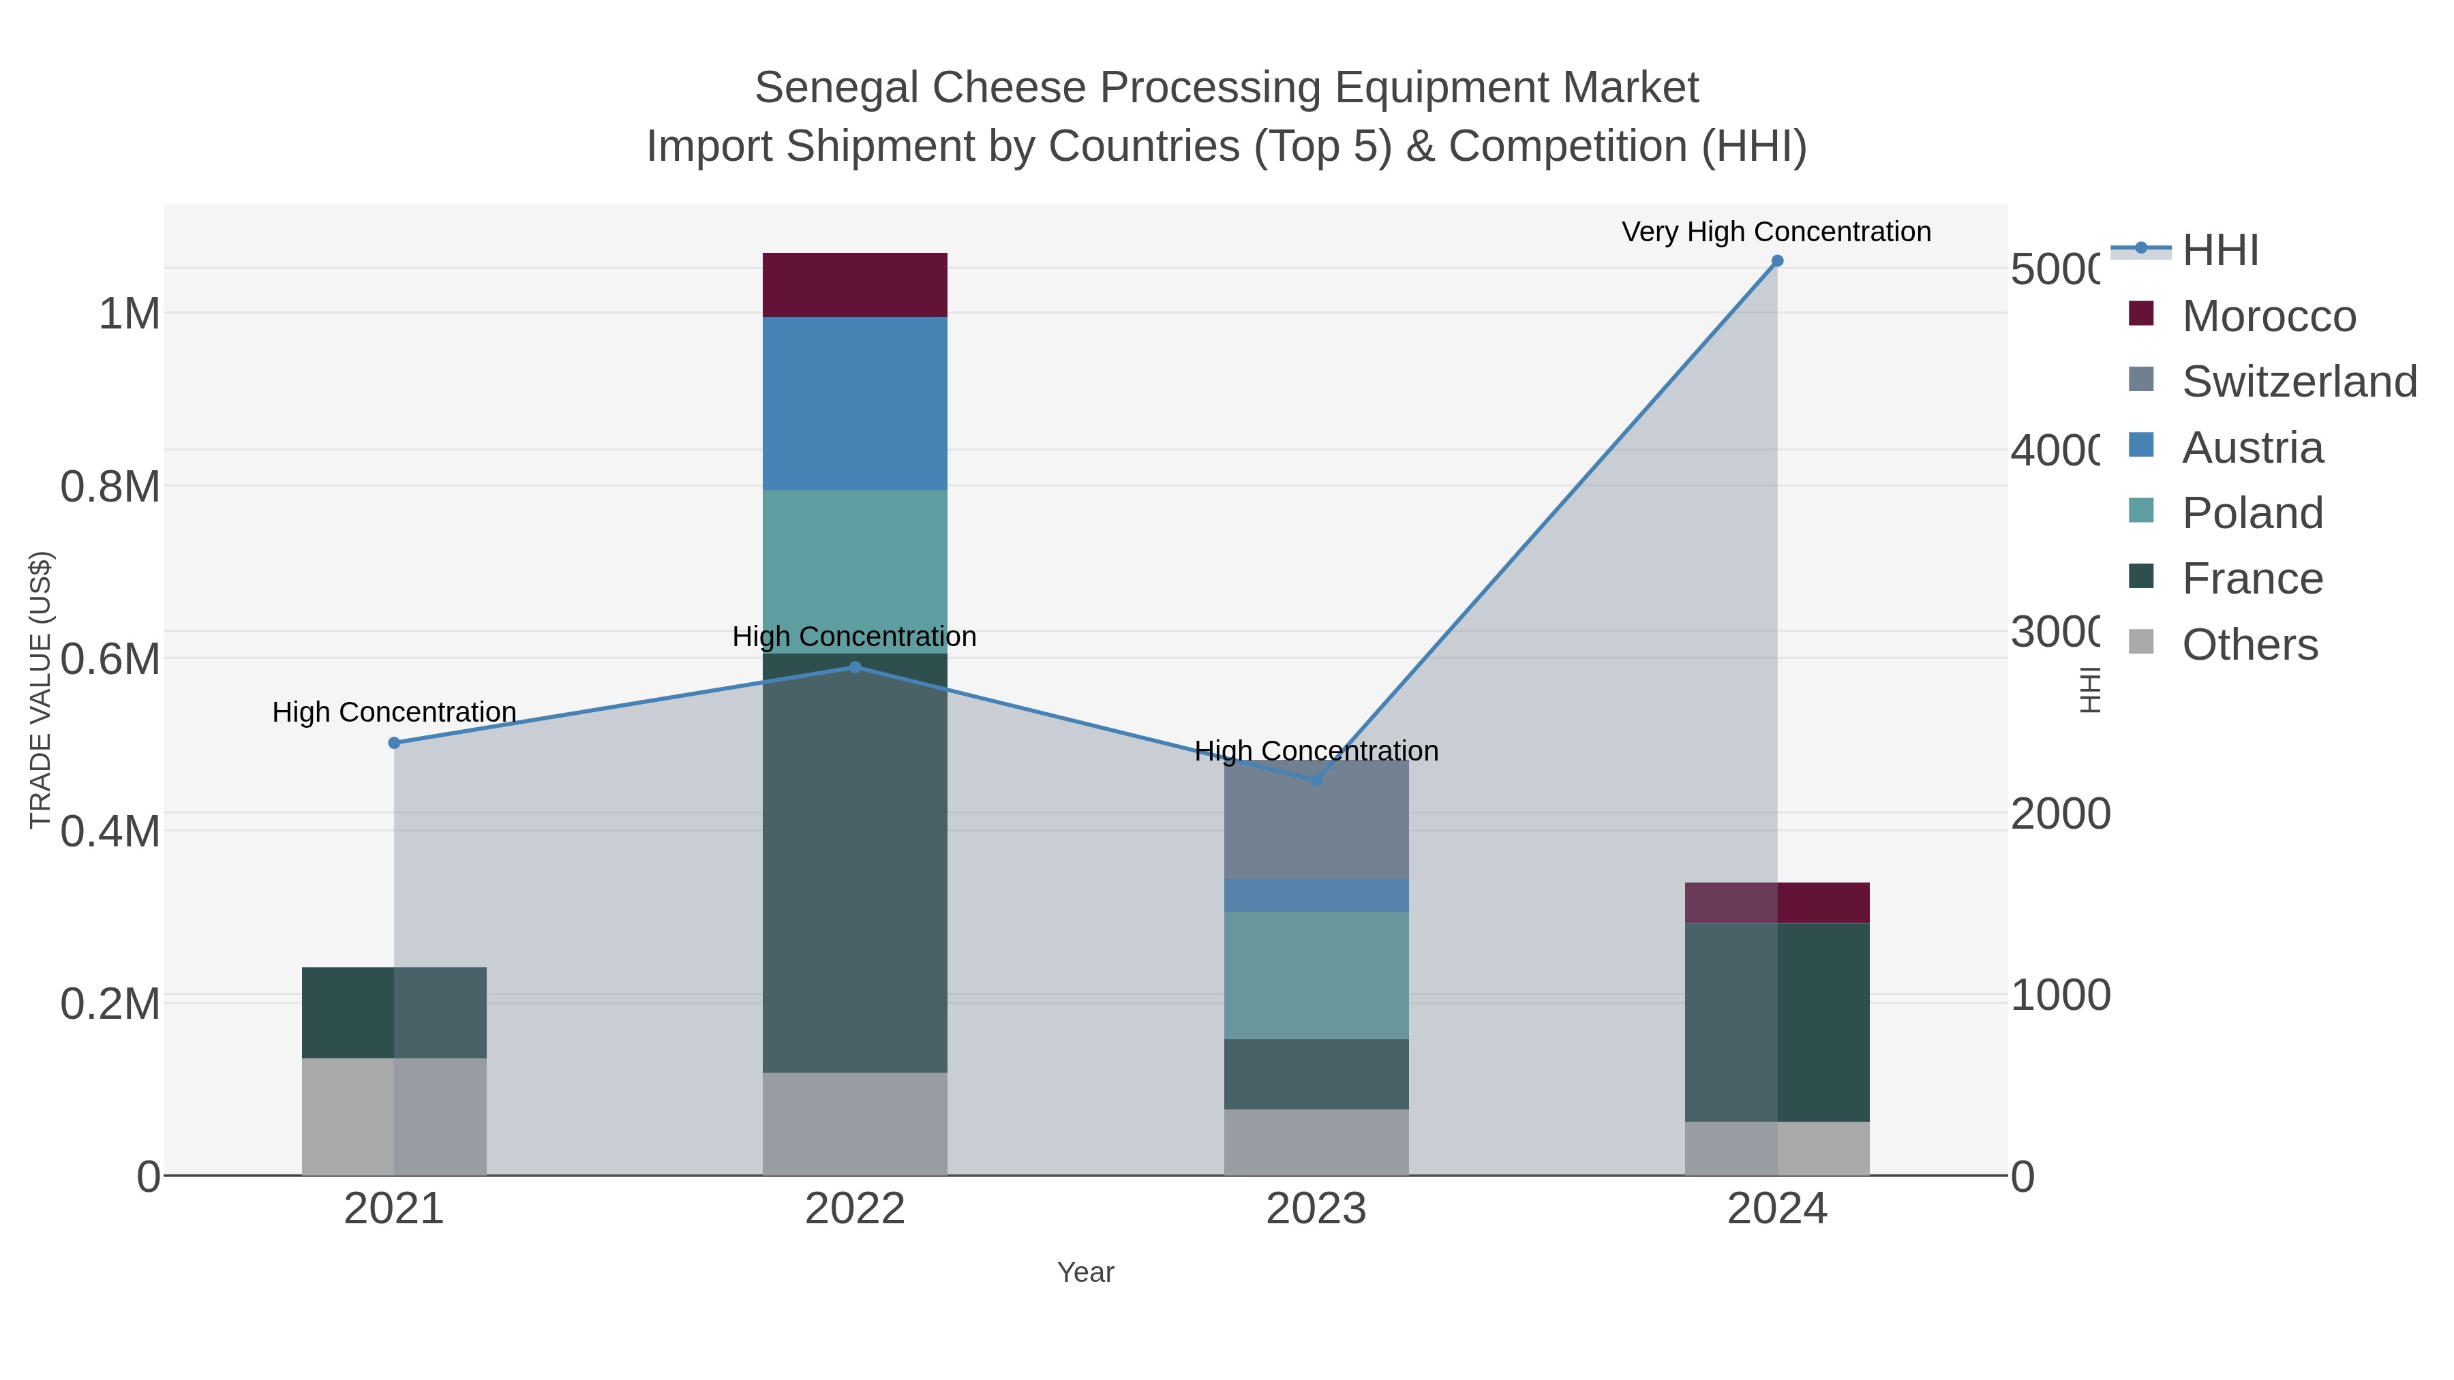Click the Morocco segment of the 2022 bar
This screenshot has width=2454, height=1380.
pyautogui.click(x=855, y=285)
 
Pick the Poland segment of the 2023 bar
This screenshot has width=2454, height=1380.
pyautogui.click(x=1316, y=975)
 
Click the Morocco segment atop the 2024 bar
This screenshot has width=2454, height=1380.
pyautogui.click(x=1776, y=902)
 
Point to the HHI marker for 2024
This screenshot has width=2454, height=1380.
pyautogui.click(x=1776, y=261)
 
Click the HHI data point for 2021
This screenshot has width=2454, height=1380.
pyautogui.click(x=395, y=743)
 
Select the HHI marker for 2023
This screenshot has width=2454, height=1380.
pyautogui.click(x=1316, y=780)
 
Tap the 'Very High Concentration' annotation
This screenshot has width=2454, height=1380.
pyautogui.click(x=1776, y=232)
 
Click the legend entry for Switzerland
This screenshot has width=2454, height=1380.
pyautogui.click(x=2298, y=382)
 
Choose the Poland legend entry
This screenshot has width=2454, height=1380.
pyautogui.click(x=2252, y=513)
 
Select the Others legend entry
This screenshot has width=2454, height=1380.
pyautogui.click(x=2249, y=645)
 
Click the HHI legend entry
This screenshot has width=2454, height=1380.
pyautogui.click(x=2220, y=251)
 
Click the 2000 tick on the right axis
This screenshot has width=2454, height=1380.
pyautogui.click(x=2059, y=814)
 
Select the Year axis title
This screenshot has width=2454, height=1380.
pyautogui.click(x=1085, y=1272)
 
